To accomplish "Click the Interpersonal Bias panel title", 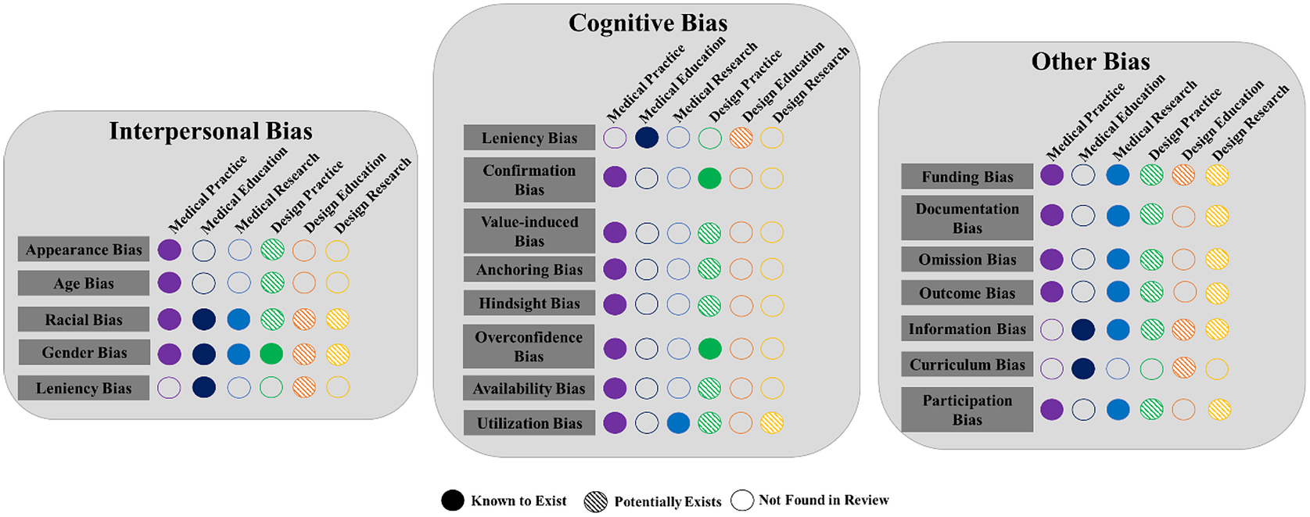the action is pos(210,131).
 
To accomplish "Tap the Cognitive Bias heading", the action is pos(648,23).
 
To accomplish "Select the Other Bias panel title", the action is pos(1091,62).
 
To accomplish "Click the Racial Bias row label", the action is pos(84,319).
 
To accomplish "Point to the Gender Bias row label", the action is pos(84,352).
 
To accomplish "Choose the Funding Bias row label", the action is pos(967,177).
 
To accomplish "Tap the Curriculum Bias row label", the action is pos(967,364).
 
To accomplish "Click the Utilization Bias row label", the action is pos(529,423).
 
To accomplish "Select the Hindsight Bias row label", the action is pos(529,303).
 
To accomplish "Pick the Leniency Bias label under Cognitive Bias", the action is pos(529,138).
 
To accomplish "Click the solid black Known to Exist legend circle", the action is pos(453,501).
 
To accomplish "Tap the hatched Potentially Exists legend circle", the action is pos(595,502).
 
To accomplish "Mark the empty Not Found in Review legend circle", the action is pos(742,500).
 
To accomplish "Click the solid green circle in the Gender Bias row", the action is pos(271,354).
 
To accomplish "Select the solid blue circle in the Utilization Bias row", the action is pos(678,423).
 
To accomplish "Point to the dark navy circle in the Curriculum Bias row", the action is pos(1083,368).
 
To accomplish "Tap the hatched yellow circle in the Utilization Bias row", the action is pos(772,423).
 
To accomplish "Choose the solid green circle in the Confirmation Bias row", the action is pos(710,178).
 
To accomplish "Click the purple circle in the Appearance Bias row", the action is pos(170,250).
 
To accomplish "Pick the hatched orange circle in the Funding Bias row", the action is pos(1183,175).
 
